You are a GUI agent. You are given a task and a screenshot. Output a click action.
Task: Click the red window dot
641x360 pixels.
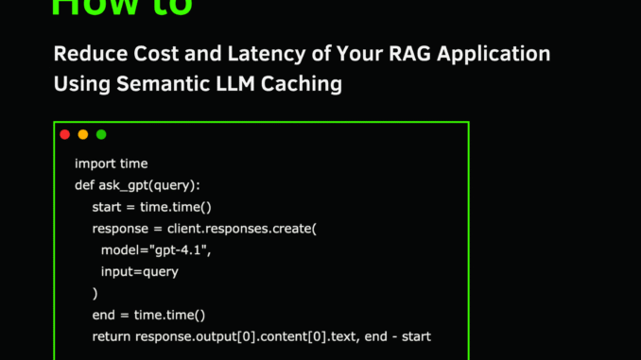click(x=65, y=135)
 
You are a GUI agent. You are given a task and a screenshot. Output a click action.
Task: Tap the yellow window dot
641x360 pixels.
click(x=83, y=135)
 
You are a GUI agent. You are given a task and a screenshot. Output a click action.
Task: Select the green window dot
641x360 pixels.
click(x=101, y=135)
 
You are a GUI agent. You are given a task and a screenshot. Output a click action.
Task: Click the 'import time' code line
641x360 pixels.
click(x=111, y=163)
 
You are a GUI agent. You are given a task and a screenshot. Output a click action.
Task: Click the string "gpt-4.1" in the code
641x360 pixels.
click(x=181, y=250)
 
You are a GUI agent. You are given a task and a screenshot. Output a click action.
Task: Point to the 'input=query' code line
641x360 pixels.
click(x=139, y=272)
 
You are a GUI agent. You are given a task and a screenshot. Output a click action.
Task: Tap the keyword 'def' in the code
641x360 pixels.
click(x=84, y=185)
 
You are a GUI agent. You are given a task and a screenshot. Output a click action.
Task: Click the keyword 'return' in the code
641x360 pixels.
click(x=112, y=337)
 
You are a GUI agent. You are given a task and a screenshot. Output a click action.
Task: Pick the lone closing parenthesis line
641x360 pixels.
click(x=95, y=294)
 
